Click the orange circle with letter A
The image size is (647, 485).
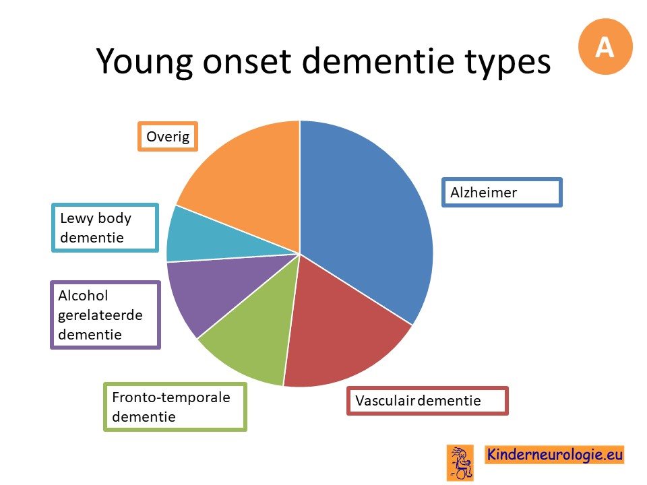pos(605,46)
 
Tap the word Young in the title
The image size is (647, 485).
pos(144,62)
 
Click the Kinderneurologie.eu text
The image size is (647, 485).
pos(554,455)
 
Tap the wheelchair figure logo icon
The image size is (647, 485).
pos(460,463)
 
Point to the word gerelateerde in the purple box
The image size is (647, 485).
pos(100,315)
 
